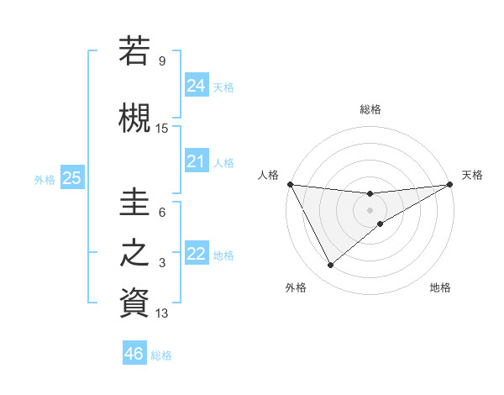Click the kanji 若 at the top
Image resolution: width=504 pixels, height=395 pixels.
135,50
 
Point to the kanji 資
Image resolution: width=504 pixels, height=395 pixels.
135,303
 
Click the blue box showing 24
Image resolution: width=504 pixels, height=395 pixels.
197,85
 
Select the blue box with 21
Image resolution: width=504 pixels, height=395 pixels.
197,161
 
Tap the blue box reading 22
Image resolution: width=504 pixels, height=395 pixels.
197,254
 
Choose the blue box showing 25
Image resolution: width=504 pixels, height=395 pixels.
71,178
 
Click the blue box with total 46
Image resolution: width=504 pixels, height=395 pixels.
134,354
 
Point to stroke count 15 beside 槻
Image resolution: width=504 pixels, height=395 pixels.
162,129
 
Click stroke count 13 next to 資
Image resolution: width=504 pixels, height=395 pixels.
162,313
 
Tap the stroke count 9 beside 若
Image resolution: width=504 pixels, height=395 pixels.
162,61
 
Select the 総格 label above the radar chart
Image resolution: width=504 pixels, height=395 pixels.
370,109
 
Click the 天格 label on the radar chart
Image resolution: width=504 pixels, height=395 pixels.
473,175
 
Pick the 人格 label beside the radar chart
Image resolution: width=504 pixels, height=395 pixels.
268,175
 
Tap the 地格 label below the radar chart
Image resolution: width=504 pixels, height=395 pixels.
440,288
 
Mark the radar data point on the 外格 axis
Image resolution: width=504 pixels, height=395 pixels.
330,266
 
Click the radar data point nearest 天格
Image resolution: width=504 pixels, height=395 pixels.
450,184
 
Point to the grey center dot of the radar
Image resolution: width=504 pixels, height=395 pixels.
370,210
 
